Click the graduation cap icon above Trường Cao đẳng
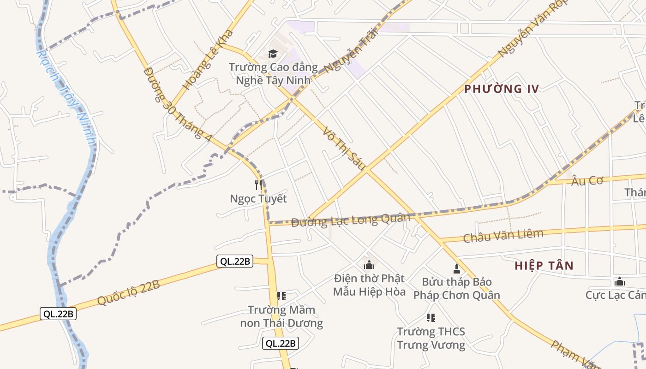[273, 54]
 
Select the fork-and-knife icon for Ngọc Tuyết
[258, 185]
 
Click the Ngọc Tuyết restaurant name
[258, 199]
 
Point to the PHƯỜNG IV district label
[502, 89]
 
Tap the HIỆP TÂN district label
[544, 266]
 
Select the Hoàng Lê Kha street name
[208, 60]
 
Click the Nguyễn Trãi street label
[351, 50]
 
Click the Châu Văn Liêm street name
[503, 236]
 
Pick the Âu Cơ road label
[587, 180]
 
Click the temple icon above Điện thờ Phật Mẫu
[369, 265]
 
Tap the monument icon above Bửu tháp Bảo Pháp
[457, 268]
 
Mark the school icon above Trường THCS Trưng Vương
[431, 317]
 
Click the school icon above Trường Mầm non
[281, 296]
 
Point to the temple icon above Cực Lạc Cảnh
[619, 281]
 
